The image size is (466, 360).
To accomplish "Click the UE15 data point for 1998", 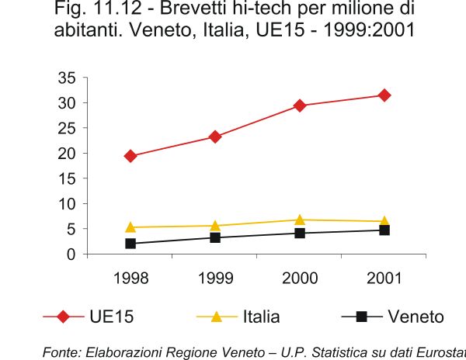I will (130, 156).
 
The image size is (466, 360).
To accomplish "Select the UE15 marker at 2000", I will (300, 106).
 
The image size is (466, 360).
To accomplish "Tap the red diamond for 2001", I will (384, 95).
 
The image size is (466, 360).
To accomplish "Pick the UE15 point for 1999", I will (215, 137).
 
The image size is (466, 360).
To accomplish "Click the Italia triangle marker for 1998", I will (130, 227).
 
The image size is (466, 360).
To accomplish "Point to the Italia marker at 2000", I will (300, 220).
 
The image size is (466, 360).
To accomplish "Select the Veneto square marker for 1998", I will (130, 244).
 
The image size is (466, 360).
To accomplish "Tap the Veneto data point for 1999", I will (215, 237).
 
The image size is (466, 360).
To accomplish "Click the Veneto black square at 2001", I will (384, 230).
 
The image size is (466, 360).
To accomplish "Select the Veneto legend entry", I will (392, 317).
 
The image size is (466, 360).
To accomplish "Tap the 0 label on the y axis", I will (71, 254).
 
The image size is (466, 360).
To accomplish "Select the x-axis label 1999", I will (215, 279).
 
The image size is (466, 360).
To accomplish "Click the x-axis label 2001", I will (384, 279).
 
